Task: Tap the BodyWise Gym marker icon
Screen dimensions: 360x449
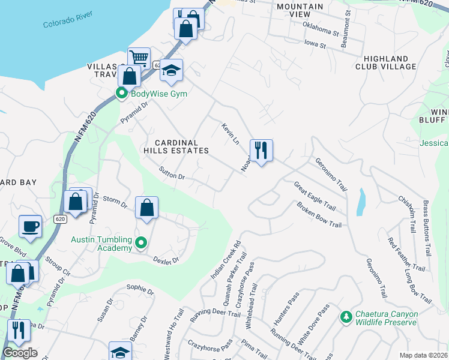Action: pyautogui.click(x=121, y=94)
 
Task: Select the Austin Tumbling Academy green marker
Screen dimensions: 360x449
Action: pyautogui.click(x=141, y=243)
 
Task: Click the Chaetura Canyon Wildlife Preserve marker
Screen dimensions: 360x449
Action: pyautogui.click(x=346, y=316)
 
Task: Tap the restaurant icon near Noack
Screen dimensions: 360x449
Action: pyautogui.click(x=261, y=150)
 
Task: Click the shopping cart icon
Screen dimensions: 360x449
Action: pyautogui.click(x=139, y=58)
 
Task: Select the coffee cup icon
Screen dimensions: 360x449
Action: pyautogui.click(x=30, y=226)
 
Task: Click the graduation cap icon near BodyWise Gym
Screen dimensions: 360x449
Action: pyautogui.click(x=171, y=70)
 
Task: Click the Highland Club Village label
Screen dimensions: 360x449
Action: pyautogui.click(x=390, y=62)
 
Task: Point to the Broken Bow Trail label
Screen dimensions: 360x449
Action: pyautogui.click(x=319, y=215)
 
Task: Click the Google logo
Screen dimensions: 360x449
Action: pyautogui.click(x=20, y=353)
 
